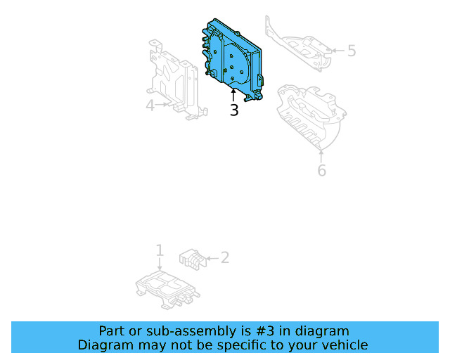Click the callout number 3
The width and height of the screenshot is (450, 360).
point(233,110)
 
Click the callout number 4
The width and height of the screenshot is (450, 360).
point(150,105)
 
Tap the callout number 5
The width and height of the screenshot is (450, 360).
point(352,51)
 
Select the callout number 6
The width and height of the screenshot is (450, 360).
point(321,170)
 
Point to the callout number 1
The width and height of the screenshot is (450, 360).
point(160,250)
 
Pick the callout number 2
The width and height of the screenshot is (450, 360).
point(224,257)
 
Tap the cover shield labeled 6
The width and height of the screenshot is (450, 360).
point(309,116)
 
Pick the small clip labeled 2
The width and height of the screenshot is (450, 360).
point(191,258)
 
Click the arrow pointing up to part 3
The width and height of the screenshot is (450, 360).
point(233,95)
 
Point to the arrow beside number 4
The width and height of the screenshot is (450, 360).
point(163,105)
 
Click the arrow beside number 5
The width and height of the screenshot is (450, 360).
point(336,50)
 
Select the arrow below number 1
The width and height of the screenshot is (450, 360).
point(160,264)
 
